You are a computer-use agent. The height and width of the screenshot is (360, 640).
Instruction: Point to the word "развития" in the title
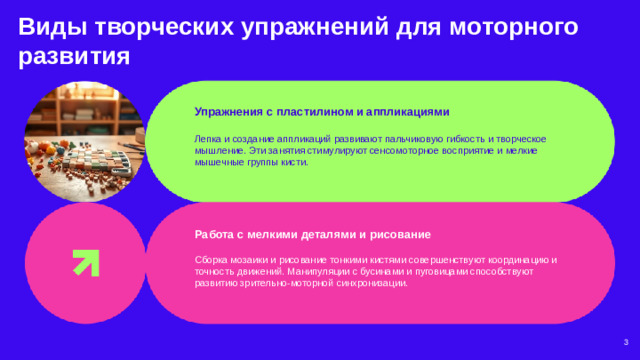(75, 56)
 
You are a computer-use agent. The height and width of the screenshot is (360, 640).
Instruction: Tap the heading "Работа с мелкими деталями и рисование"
(313, 234)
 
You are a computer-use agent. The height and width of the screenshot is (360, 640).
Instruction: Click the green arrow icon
(84, 261)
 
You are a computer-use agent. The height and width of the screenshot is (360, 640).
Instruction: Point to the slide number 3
(624, 342)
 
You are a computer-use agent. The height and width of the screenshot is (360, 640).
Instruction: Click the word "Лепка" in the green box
(208, 137)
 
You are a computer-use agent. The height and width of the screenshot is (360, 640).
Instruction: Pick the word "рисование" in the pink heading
(402, 234)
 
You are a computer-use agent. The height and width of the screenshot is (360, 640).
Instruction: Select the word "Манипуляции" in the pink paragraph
(318, 272)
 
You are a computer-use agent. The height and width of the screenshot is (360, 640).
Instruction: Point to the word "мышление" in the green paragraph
(219, 149)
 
